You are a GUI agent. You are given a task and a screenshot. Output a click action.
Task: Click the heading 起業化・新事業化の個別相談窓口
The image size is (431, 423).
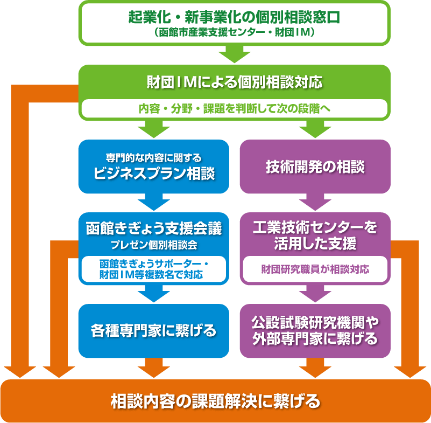coord(234,17)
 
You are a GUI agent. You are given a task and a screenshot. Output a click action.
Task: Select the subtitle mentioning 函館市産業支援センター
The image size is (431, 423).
coord(234,32)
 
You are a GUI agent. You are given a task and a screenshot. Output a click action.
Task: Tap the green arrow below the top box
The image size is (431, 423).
coord(234,54)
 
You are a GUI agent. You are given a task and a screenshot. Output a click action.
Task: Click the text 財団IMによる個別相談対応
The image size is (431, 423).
coord(234,82)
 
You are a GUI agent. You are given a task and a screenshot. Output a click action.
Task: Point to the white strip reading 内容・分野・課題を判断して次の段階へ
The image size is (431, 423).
coord(234,108)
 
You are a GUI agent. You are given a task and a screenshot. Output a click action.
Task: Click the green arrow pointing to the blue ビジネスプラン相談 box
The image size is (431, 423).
coord(154,129)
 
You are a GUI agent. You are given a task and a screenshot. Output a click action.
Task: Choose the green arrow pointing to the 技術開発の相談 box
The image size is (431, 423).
coord(315,129)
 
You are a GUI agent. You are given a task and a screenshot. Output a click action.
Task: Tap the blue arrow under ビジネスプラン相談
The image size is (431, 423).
coord(154,203)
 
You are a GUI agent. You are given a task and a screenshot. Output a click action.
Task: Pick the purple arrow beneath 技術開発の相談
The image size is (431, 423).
coord(315,203)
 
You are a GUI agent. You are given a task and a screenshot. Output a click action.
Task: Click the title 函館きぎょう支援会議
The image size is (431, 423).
coord(154,228)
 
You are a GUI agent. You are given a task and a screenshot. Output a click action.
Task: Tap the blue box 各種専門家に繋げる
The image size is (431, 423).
coord(154,330)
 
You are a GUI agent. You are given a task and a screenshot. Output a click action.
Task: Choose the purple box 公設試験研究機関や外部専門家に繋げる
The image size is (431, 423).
coord(315,330)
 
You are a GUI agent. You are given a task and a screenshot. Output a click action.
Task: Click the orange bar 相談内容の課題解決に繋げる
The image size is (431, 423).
coord(215,401)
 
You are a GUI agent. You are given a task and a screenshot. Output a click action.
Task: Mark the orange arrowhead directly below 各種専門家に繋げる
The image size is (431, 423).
coord(154,369)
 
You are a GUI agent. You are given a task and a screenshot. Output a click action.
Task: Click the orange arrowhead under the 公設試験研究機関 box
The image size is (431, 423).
coord(315,369)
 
